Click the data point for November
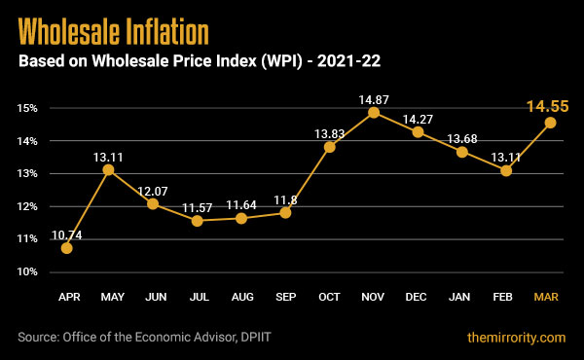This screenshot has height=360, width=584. pyautogui.click(x=373, y=113)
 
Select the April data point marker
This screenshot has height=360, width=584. pyautogui.click(x=66, y=248)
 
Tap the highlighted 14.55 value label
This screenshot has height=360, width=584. pyautogui.click(x=548, y=107)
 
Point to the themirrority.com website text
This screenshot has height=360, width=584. pyautogui.click(x=516, y=338)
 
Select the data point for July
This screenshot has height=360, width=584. pyautogui.click(x=198, y=221)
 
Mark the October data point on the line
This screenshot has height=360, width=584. pyautogui.click(x=329, y=147)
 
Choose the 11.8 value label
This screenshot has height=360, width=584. pyautogui.click(x=285, y=200)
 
